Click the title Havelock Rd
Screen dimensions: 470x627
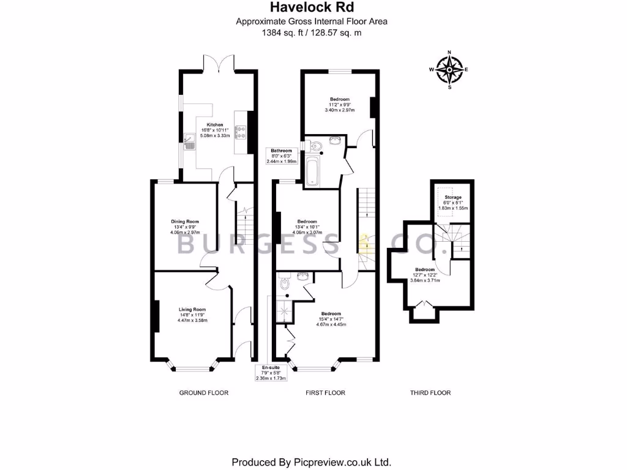tap(312, 8)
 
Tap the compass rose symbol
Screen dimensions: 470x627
tap(449, 70)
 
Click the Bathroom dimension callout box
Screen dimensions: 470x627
tap(282, 156)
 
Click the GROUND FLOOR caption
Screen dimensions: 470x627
tap(203, 393)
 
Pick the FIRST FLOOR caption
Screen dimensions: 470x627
tap(325, 393)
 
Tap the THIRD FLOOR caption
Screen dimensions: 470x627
tap(430, 393)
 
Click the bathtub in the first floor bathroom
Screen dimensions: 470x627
tap(311, 171)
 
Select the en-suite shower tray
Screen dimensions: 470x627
tap(285, 311)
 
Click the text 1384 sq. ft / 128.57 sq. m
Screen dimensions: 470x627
tap(312, 33)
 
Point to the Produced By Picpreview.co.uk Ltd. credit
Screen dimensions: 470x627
tap(312, 461)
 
